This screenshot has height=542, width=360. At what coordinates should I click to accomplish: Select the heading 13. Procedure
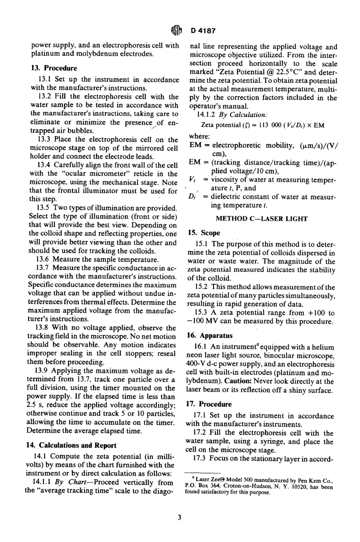pos(53,68)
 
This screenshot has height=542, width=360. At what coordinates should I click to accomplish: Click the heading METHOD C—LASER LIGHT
pos(261,218)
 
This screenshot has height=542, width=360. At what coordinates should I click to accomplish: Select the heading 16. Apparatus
pos(210,335)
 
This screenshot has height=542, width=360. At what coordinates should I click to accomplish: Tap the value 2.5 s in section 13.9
pos(37,405)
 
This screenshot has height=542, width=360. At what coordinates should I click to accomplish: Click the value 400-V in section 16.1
pos(197,364)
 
